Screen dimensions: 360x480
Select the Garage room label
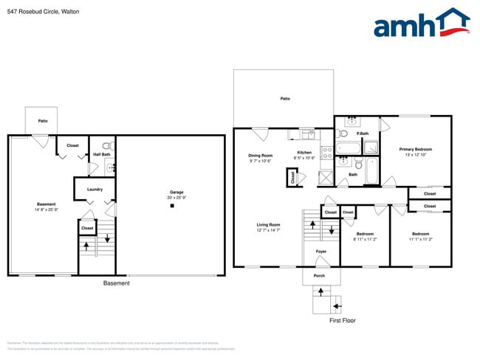click(171, 193)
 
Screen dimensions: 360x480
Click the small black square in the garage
click(172, 207)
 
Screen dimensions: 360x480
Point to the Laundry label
click(95, 190)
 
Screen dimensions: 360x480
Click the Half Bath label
click(101, 155)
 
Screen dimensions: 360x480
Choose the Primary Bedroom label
click(416, 150)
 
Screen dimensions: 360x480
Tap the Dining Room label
click(260, 156)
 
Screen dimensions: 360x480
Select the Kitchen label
click(304, 153)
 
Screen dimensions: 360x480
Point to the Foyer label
click(321, 252)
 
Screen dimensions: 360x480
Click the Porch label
click(319, 276)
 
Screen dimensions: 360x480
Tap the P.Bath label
click(362, 134)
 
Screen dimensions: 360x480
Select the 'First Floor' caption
click(343, 321)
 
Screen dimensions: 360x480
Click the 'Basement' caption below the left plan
click(116, 283)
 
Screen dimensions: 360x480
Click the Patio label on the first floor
click(284, 98)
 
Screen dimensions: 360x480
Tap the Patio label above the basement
click(43, 120)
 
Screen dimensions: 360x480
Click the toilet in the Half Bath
click(106, 146)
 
